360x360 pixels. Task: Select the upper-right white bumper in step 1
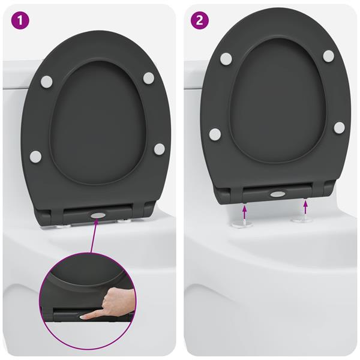[x=148, y=77]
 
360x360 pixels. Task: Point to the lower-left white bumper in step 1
[x=35, y=157]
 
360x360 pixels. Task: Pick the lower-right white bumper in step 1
[x=159, y=148]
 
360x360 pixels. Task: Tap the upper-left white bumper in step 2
[x=226, y=59]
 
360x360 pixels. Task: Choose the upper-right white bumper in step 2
[x=328, y=56]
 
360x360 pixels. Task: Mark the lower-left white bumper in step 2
[x=215, y=133]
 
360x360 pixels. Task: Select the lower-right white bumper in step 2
[x=339, y=127]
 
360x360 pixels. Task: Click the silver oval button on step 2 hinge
[x=278, y=194]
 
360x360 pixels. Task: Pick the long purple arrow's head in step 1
[x=95, y=224]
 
